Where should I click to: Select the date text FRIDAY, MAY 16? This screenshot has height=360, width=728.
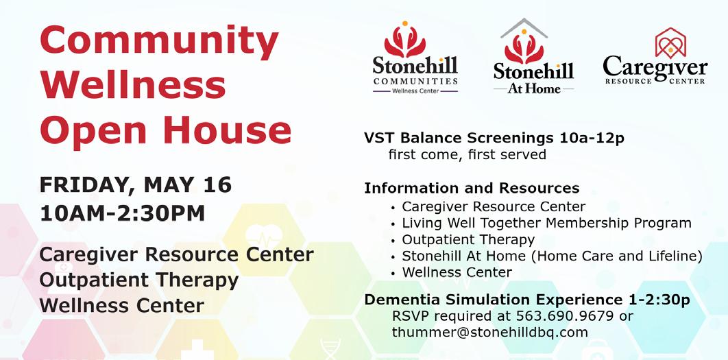coord(136,185)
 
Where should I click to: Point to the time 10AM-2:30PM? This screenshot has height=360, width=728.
coord(123,213)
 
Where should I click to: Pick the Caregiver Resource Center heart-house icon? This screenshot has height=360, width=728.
coord(670,43)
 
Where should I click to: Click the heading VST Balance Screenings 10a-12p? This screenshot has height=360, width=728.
coord(494,138)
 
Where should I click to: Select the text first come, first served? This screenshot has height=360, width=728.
coord(467,154)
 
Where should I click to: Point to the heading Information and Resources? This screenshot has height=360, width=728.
coord(472,188)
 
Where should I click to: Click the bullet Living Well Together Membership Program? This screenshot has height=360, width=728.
coord(546,224)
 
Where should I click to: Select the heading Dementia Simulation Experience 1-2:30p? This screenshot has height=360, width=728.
coord(527,300)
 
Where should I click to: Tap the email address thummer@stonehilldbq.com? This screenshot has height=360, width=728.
coord(490,333)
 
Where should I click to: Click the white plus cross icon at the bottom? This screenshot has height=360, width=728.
coord(197,350)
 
